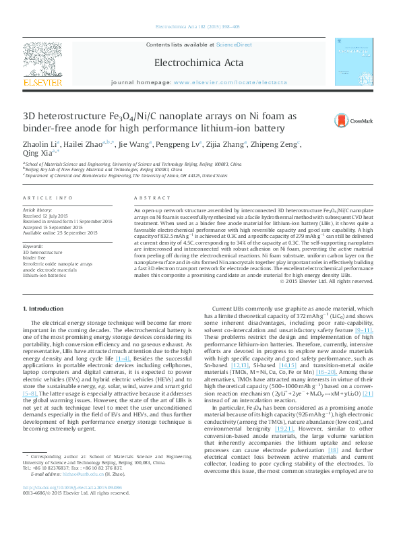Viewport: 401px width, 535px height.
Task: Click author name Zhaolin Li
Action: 40,144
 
